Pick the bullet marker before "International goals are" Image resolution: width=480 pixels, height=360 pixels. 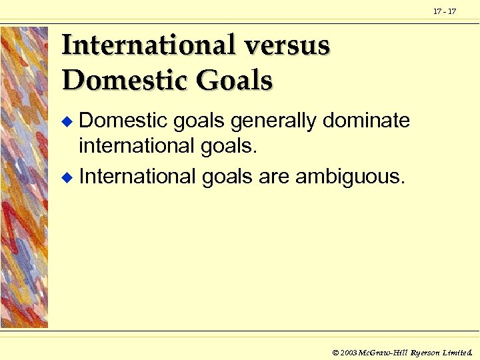(65, 178)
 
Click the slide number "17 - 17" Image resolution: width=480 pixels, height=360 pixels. (445, 11)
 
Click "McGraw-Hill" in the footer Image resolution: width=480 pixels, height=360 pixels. (383, 351)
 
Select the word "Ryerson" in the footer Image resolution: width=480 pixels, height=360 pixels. (426, 351)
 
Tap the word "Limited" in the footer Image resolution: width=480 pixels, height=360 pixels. (458, 351)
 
